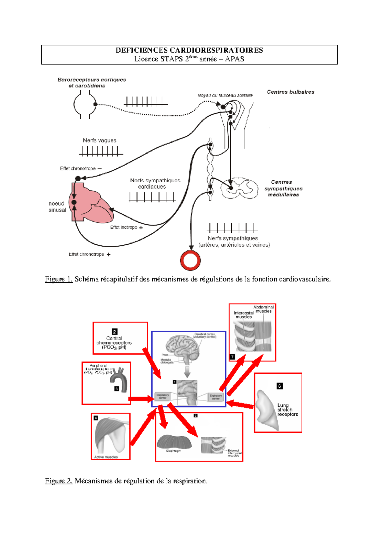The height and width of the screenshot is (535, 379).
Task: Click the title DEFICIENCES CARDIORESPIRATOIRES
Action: (x=189, y=50)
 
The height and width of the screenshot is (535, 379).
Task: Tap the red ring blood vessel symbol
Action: (x=190, y=261)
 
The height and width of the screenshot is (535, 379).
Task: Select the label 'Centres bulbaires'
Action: (x=290, y=92)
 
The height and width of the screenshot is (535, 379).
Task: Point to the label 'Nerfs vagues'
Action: (x=99, y=140)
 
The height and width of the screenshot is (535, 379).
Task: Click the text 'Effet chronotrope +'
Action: (x=89, y=254)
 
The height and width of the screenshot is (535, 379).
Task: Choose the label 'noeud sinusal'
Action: (x=57, y=207)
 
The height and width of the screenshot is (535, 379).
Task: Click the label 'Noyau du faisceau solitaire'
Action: (x=225, y=95)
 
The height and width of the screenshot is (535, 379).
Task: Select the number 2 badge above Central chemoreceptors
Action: (x=114, y=332)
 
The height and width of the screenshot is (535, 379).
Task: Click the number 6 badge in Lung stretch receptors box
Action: (x=280, y=386)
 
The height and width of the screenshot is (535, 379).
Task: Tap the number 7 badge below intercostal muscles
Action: (x=232, y=357)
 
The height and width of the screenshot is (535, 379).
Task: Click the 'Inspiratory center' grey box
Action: (x=163, y=396)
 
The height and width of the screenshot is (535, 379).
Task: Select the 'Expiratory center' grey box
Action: (x=215, y=397)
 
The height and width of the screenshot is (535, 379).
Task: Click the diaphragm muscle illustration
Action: (x=174, y=442)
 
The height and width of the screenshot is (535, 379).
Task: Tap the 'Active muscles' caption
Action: (x=106, y=457)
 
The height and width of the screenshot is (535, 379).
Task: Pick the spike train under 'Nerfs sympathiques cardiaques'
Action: (x=152, y=197)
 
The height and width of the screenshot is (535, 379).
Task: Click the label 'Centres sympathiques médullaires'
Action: (x=283, y=188)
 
